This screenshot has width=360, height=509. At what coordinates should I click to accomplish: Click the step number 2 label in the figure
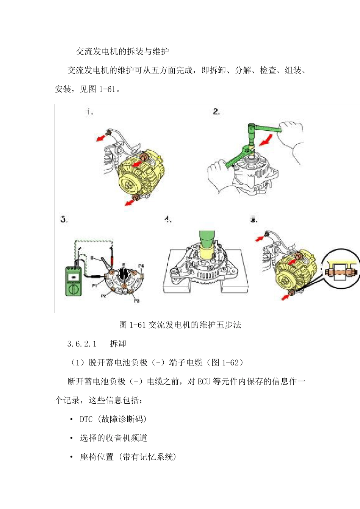(216, 111)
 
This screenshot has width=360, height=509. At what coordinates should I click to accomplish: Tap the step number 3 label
(64, 219)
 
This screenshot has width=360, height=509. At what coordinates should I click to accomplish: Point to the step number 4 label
(168, 219)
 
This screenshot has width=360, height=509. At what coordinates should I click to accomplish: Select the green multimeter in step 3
(73, 281)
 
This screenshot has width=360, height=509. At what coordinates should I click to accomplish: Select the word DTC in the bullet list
(86, 419)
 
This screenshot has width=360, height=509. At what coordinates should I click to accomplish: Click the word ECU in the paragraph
(203, 381)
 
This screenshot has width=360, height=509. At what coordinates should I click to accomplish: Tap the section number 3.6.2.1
(82, 343)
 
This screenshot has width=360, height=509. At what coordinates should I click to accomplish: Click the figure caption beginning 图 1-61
(180, 325)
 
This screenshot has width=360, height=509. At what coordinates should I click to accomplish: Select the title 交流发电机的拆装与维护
(122, 51)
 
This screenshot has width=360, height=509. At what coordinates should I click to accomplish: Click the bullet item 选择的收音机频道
(113, 438)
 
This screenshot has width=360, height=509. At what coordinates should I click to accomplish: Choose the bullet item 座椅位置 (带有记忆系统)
(128, 457)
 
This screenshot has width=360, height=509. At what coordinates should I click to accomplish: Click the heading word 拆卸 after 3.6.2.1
(118, 343)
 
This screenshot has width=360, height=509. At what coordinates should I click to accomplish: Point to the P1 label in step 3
(94, 286)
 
